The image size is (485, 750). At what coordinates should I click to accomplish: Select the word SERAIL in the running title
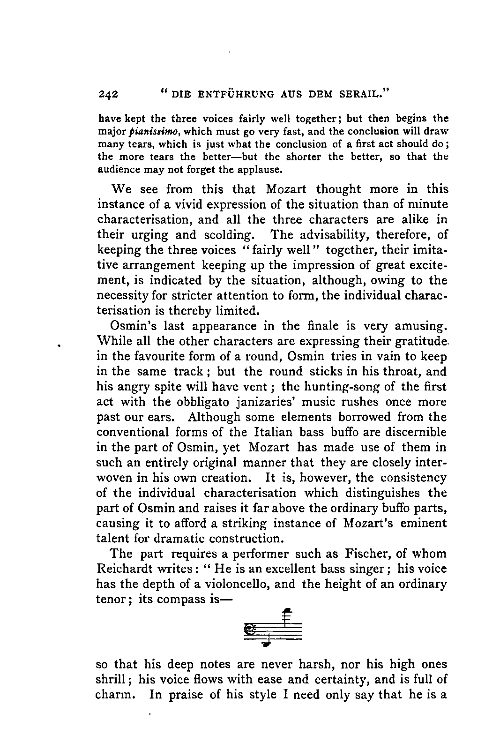pos(362,94)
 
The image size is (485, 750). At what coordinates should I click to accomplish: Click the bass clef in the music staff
pos(250,629)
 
